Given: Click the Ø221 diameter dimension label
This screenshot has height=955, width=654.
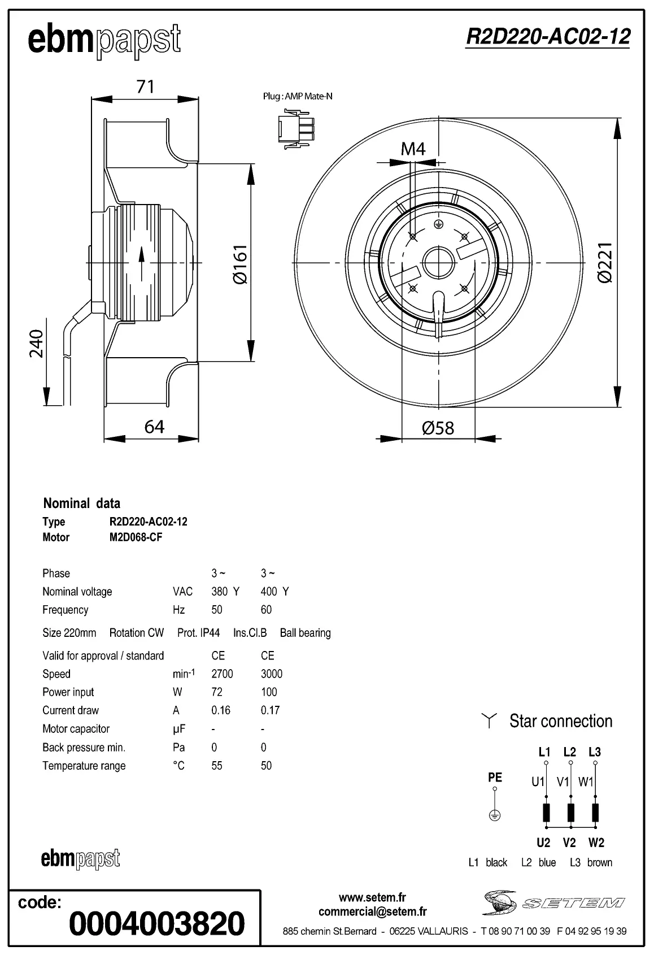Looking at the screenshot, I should (x=604, y=263).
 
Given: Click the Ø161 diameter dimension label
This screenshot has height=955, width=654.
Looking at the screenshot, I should (x=239, y=264).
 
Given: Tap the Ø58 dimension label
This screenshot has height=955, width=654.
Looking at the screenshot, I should (x=438, y=428).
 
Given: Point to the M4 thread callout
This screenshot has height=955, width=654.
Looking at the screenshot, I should (x=413, y=149).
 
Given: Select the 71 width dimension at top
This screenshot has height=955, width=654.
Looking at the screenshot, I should (x=145, y=86).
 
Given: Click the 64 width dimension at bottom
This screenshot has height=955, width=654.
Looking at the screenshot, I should (x=154, y=427).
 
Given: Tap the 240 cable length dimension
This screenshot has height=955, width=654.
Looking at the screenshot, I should (x=36, y=343).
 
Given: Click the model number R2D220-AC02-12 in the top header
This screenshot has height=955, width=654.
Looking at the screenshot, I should (x=547, y=37).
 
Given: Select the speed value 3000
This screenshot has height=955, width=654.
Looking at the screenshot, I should (x=272, y=674).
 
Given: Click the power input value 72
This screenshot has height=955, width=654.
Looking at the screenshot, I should (x=217, y=692).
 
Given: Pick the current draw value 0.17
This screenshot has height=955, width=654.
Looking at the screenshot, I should (x=270, y=710).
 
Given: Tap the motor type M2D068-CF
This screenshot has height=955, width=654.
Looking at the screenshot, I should (x=136, y=537).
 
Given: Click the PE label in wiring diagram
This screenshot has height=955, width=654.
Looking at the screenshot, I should (x=495, y=778).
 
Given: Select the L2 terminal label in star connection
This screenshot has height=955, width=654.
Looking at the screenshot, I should (x=569, y=752).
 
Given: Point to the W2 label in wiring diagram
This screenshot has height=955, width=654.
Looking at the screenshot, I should (x=596, y=843).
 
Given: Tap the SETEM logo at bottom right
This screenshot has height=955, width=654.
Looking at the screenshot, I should (x=553, y=902).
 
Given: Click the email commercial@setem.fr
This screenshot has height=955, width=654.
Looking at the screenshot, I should (x=372, y=911).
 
